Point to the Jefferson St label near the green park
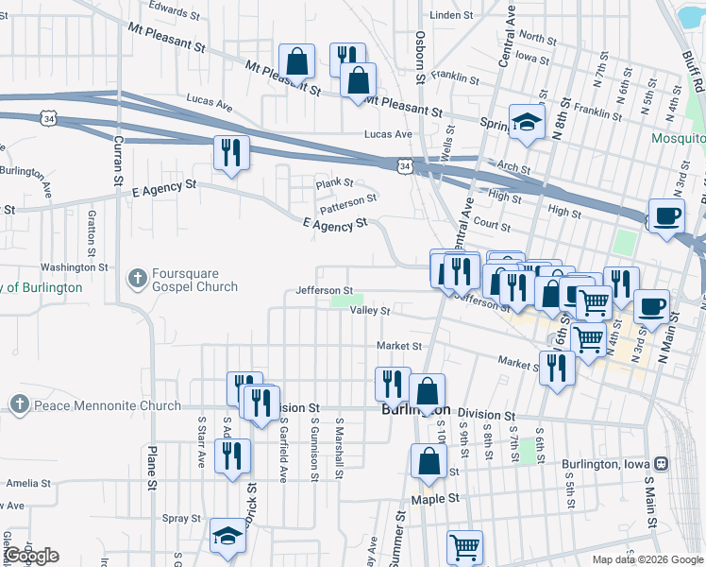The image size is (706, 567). click(324, 290)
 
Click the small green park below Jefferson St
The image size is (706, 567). click(343, 301)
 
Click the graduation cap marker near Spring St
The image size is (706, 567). click(527, 122)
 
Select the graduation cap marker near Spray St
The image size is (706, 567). click(227, 537)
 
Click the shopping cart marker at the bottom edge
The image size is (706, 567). click(465, 547)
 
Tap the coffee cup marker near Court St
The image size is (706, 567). click(666, 215)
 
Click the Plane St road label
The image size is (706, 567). click(151, 469)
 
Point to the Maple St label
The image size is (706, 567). click(435, 498)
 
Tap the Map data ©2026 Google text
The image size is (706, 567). click(647, 559)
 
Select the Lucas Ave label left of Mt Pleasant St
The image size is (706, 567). click(209, 99)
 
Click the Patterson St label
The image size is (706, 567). click(347, 199)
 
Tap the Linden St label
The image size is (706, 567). click(450, 16)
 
